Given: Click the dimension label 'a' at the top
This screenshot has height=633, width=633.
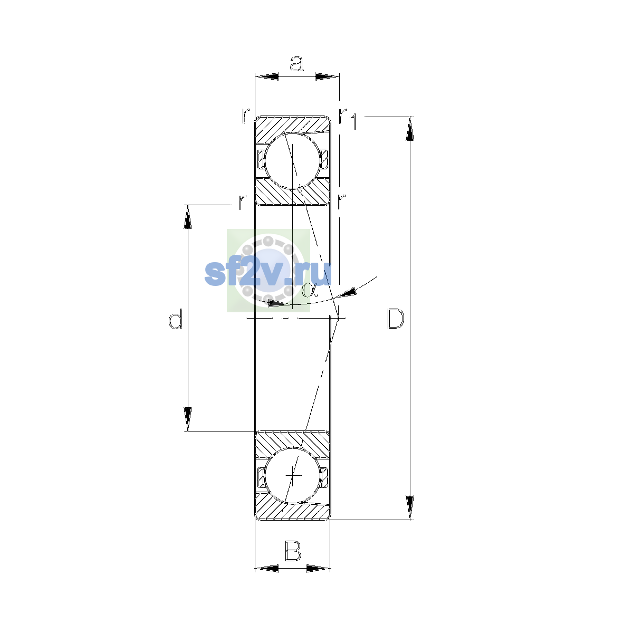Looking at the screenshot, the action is (x=296, y=64).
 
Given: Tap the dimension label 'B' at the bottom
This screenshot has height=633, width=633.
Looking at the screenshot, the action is (x=293, y=551).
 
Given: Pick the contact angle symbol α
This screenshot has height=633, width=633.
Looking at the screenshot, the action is (x=310, y=290).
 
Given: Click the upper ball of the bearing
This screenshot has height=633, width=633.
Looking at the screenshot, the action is (x=292, y=161).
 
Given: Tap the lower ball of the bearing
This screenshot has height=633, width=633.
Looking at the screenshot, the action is (x=292, y=475).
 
